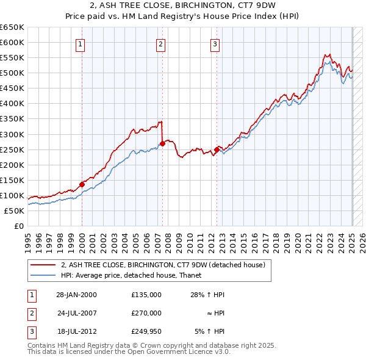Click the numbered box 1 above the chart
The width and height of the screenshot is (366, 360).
tap(81, 43)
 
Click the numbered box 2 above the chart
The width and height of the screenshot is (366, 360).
tap(160, 43)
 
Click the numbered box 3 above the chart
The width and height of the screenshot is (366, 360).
tap(215, 43)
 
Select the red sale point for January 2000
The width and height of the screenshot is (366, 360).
tap(82, 184)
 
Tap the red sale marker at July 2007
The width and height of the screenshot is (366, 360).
tap(163, 143)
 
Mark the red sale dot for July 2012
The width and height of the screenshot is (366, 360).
tap(217, 149)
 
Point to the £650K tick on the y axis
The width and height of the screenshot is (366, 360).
tap(12, 27)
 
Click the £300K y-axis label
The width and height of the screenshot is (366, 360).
tap(12, 134)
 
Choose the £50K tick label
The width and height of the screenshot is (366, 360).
tap(15, 211)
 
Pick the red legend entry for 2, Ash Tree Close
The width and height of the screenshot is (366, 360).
tap(163, 265)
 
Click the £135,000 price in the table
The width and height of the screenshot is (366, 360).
tap(146, 294)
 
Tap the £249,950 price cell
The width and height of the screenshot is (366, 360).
tap(146, 332)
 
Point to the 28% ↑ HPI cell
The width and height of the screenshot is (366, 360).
tap(207, 294)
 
